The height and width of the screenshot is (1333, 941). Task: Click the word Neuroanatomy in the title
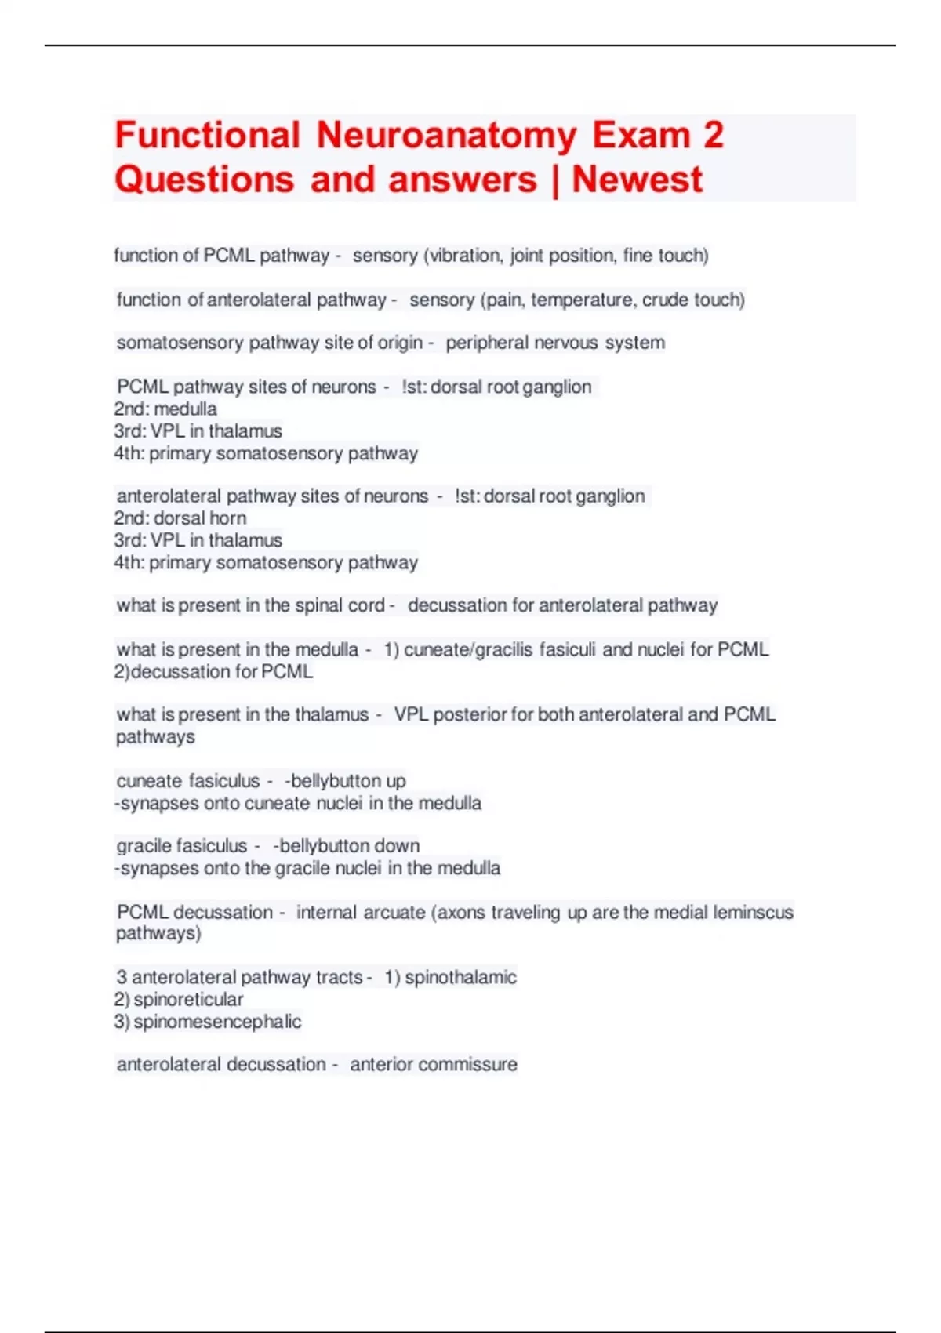(x=446, y=136)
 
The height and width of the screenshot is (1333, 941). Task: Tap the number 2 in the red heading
(x=713, y=136)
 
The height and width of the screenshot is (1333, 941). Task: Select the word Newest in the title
(x=637, y=180)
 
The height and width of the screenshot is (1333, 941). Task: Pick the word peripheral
(x=485, y=343)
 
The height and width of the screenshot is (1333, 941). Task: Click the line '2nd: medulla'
(x=165, y=409)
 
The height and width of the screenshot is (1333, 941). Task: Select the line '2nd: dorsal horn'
(x=180, y=518)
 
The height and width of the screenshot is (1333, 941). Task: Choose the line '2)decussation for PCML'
(x=213, y=672)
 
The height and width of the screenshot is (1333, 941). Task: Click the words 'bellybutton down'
(x=349, y=846)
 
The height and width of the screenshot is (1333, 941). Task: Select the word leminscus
(x=754, y=913)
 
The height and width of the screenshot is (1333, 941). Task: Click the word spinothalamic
(x=460, y=978)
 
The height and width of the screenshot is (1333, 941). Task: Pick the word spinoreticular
(x=188, y=1000)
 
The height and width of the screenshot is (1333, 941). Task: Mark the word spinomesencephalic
(x=217, y=1022)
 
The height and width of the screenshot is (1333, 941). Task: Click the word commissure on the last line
(x=472, y=1065)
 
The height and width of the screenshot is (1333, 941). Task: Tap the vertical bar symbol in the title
(x=555, y=180)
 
